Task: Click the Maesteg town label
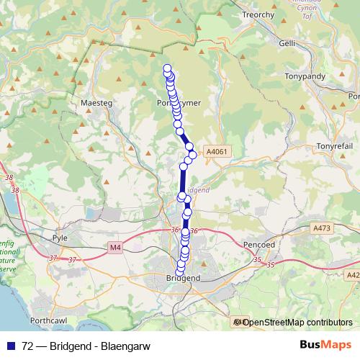pyautogui.click(x=99, y=103)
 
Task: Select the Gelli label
pyautogui.click(x=287, y=43)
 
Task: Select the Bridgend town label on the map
pyautogui.click(x=183, y=278)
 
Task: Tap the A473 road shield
pyautogui.click(x=322, y=228)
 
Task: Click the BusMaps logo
pyautogui.click(x=325, y=343)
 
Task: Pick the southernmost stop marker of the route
pyautogui.click(x=181, y=270)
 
